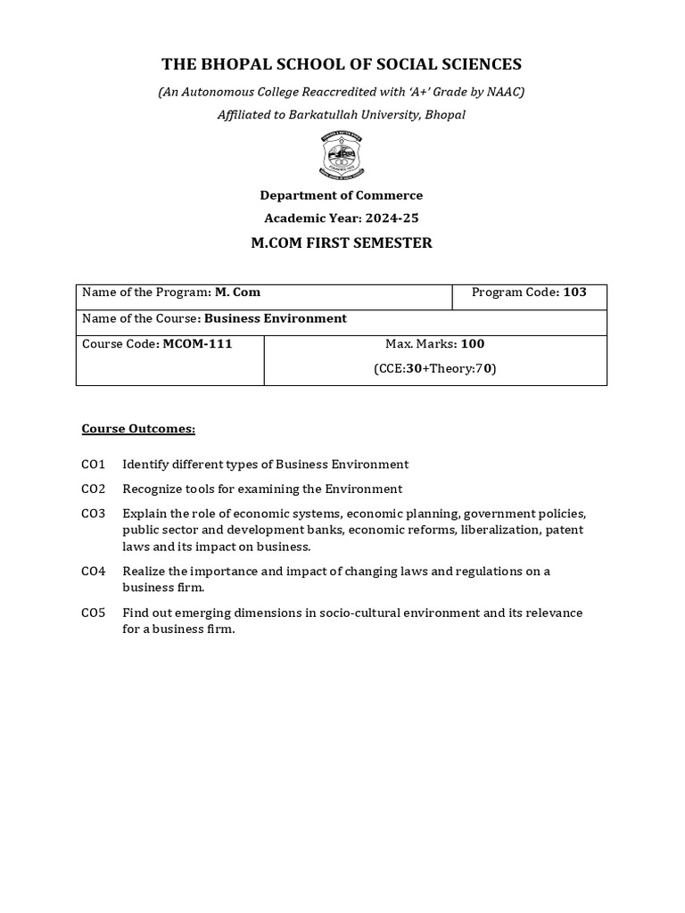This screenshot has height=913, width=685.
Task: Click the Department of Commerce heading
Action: [342, 195]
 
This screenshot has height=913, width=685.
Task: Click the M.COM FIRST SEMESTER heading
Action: [342, 243]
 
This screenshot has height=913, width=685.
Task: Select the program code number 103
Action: [574, 292]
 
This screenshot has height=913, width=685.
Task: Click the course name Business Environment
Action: [276, 318]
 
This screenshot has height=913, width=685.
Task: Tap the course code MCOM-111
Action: [197, 343]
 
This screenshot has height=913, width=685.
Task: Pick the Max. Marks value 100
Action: [473, 343]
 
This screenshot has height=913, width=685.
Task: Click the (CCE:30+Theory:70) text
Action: [435, 367]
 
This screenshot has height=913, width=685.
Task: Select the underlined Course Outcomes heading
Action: [138, 429]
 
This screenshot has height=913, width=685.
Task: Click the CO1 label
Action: [93, 465]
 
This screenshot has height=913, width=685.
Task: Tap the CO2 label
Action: [93, 489]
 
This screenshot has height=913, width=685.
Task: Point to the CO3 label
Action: [93, 514]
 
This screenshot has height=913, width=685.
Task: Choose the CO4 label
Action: [93, 571]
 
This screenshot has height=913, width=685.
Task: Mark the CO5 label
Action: [93, 613]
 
